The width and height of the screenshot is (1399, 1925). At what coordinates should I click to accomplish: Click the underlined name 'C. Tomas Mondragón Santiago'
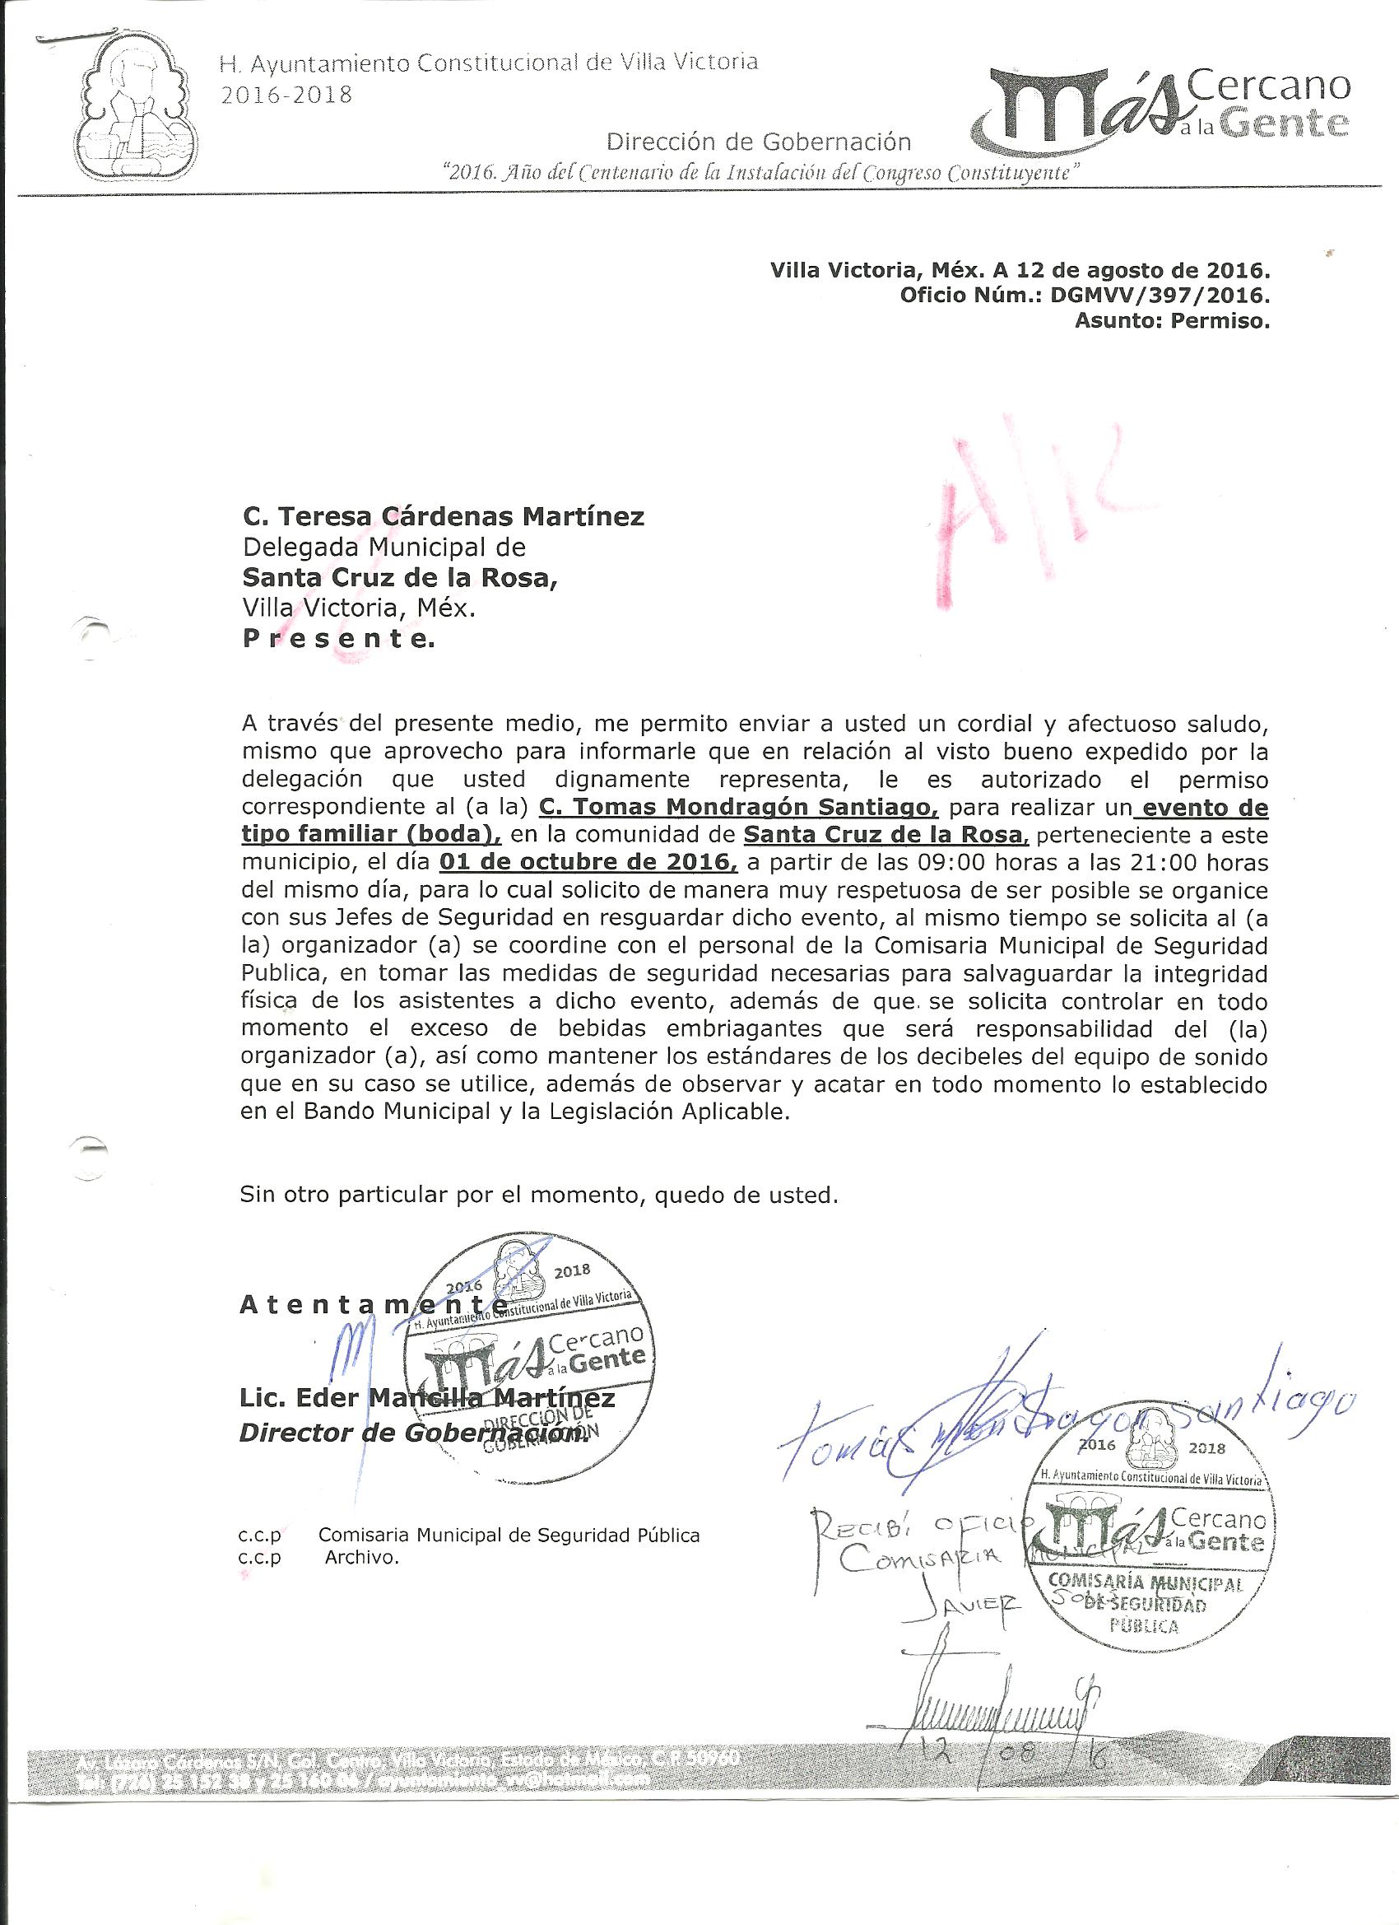[738, 805]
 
